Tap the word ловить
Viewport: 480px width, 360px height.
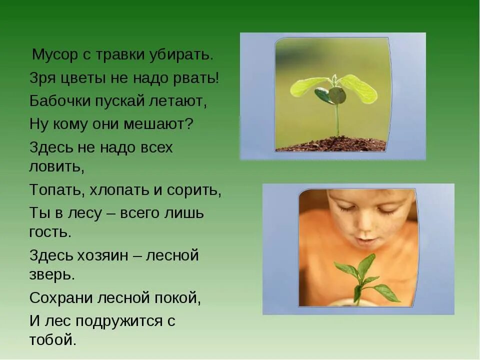[x=56, y=166]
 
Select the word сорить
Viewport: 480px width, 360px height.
[x=196, y=190]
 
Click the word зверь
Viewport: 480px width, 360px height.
[x=52, y=274]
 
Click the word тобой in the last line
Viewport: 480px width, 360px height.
[x=52, y=340]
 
